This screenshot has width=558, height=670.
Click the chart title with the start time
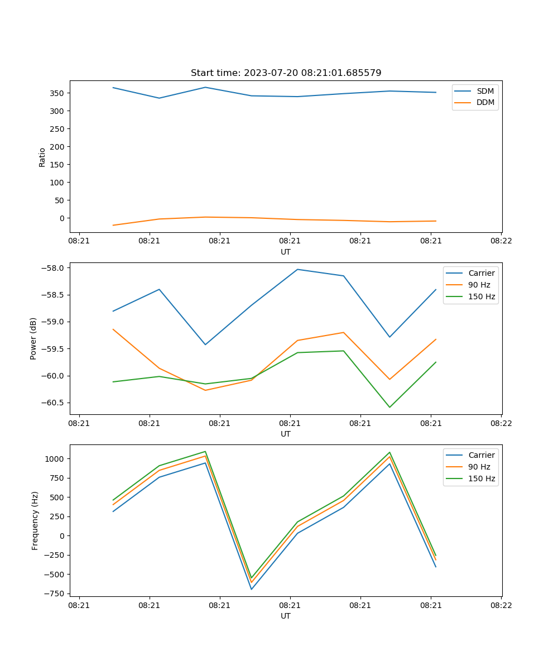[286, 73]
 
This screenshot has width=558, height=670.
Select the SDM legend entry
[485, 90]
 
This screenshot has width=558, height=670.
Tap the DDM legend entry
[485, 102]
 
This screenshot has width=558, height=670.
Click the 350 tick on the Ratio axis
[58, 93]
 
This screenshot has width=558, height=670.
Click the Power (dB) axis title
[33, 338]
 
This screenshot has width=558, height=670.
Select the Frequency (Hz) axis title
[35, 520]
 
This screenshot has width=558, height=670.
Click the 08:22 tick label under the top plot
[501, 241]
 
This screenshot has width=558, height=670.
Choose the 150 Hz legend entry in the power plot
[482, 296]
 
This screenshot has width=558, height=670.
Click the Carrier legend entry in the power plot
[482, 273]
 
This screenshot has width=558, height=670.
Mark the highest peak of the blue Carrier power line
[297, 269]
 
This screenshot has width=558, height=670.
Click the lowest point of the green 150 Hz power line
[389, 407]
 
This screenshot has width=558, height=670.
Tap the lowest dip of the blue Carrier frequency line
[252, 589]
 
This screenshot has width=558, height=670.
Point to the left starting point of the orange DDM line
[113, 225]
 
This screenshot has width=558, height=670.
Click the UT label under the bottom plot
[286, 616]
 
